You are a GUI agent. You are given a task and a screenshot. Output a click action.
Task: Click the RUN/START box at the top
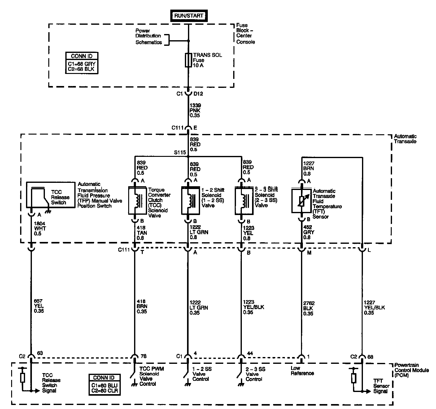point(189,15)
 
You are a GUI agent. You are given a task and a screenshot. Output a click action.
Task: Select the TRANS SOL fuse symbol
point(188,60)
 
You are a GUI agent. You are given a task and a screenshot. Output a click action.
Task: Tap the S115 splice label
point(180,152)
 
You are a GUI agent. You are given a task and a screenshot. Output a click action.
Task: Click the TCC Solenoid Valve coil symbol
point(137,200)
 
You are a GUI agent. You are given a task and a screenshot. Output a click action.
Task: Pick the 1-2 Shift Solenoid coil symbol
point(190,200)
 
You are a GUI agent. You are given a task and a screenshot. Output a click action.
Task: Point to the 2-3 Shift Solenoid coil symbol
point(244,200)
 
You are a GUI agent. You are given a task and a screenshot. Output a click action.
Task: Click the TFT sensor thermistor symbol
point(302,200)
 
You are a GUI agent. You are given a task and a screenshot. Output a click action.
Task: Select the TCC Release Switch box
point(51,195)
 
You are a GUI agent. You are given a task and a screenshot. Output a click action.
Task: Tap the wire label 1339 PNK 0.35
point(195,110)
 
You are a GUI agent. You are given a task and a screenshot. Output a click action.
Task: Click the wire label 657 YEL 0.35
point(39,306)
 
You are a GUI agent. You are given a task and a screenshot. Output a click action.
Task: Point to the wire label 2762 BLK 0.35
point(309,308)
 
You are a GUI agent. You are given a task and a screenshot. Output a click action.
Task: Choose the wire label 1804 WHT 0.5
point(40,228)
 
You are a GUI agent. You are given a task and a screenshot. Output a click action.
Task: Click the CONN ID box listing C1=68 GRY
point(82,63)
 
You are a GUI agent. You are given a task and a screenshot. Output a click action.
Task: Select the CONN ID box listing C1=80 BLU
point(104,385)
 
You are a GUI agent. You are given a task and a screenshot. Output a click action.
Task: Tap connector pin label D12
point(198,94)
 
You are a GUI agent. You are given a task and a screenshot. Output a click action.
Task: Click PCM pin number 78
point(143,356)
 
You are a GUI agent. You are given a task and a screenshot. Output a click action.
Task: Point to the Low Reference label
point(302,371)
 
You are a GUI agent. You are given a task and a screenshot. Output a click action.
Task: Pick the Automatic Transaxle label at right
point(405,139)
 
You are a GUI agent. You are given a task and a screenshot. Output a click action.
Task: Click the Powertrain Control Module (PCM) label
point(412,370)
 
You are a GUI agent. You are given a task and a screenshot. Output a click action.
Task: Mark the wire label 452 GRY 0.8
point(308,232)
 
